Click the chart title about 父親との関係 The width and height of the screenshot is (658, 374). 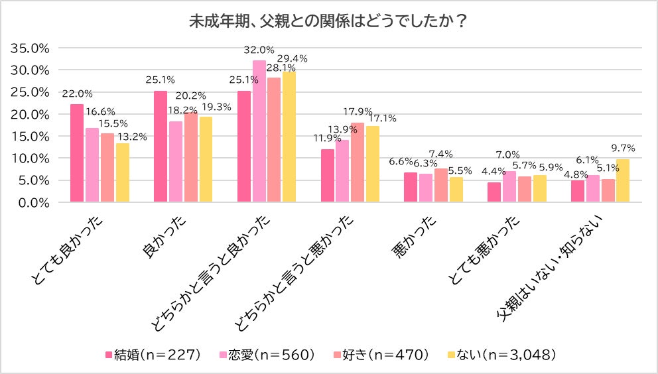[x=328, y=21]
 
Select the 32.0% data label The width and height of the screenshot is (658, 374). [x=259, y=50]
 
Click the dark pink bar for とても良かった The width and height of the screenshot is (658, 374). [x=77, y=153]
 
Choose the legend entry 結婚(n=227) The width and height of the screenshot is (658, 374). [x=153, y=354]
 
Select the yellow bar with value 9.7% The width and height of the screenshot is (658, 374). [x=622, y=180]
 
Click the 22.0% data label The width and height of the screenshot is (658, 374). [x=77, y=93]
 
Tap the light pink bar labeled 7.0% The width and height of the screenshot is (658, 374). [x=509, y=186]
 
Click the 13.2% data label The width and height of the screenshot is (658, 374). [x=131, y=137]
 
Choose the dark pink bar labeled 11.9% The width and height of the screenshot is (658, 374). [x=327, y=176]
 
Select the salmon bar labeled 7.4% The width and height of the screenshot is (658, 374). [x=441, y=186]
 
